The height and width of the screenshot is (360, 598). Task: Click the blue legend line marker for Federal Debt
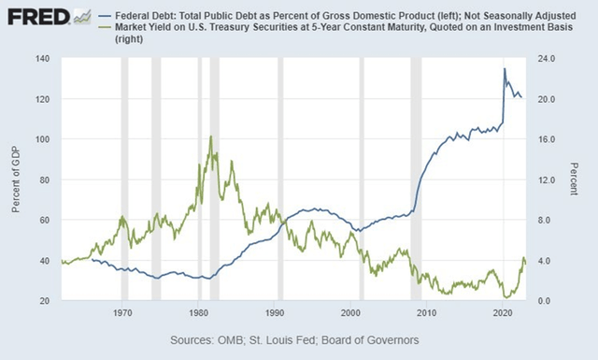(x=106, y=16)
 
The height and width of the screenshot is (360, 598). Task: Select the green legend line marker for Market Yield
(x=106, y=28)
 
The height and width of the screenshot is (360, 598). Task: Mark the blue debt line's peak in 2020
(x=505, y=68)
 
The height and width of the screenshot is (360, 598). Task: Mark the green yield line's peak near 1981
(x=211, y=137)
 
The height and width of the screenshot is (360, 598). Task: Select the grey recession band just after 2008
(x=417, y=178)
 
